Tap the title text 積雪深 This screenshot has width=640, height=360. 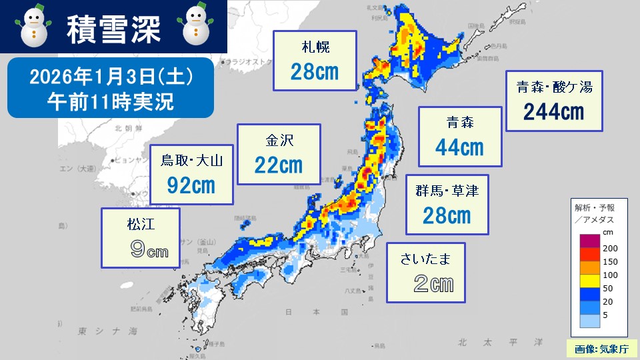tap(113, 27)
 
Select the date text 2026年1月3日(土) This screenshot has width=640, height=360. tap(111, 78)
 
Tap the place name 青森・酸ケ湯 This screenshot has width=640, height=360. tap(554, 87)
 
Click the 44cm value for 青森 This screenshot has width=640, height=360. tap(459, 147)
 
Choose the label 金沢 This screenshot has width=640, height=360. tap(278, 141)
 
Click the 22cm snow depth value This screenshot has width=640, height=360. tap(278, 165)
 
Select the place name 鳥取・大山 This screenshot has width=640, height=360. tap(191, 160)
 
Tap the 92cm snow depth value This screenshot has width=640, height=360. tap(191, 185)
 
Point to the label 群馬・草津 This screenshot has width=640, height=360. tap(447, 191)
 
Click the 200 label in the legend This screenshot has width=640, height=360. tap(610, 247)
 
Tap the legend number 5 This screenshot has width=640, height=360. tap(606, 315)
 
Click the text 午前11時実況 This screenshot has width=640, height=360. tap(111, 101)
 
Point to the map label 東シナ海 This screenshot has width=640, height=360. tap(107, 331)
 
